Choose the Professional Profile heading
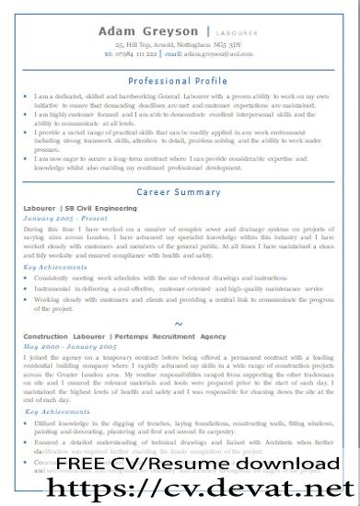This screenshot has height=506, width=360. point(179,81)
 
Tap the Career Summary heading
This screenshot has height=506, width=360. point(179,192)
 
